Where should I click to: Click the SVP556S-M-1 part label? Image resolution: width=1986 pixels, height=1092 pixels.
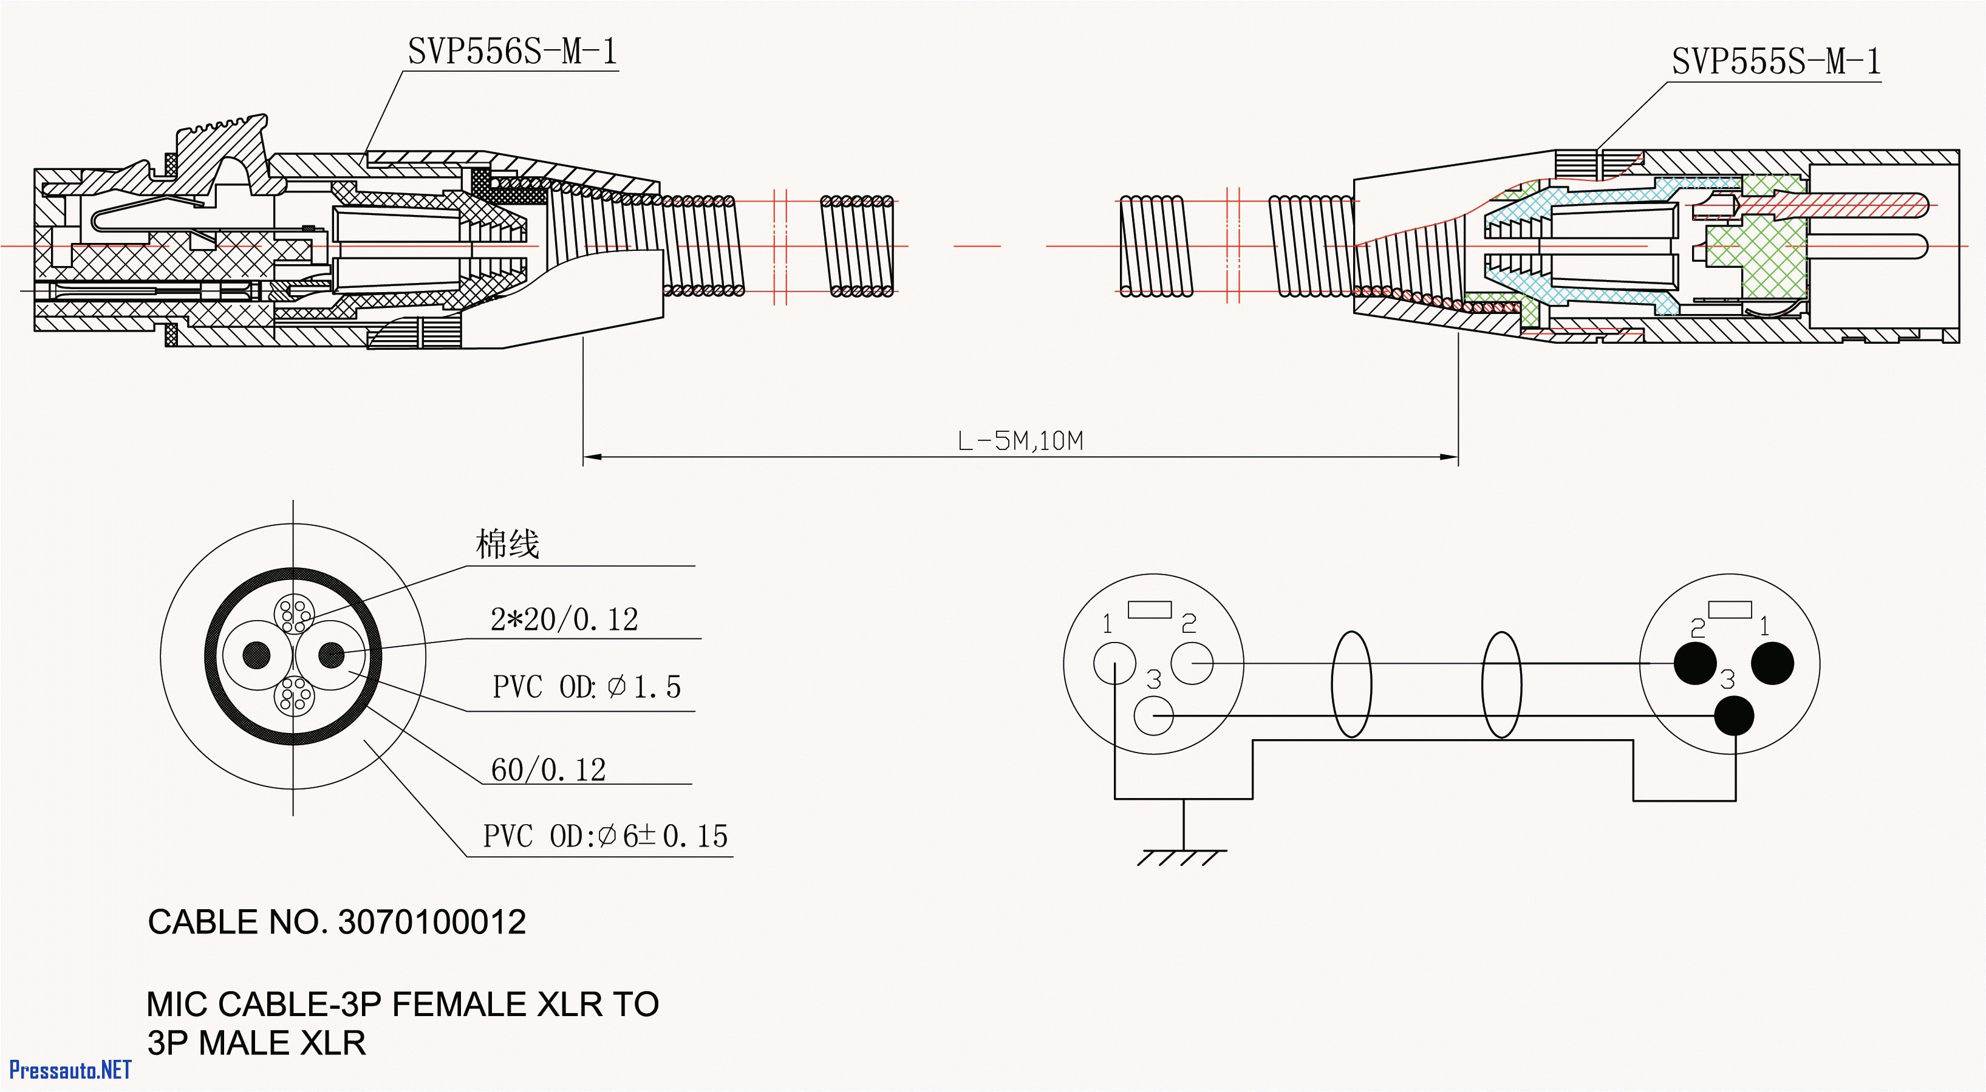(513, 52)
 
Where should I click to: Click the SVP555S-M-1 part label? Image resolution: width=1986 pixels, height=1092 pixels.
(1775, 62)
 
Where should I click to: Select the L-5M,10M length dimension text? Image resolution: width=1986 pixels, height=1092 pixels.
(1020, 441)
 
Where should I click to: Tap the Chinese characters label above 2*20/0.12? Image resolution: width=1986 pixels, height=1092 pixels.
(507, 544)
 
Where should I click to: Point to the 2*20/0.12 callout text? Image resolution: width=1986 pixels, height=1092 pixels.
(564, 619)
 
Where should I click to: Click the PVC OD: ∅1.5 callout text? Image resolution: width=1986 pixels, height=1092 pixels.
(587, 686)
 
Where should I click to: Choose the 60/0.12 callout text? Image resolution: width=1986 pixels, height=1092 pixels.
(548, 770)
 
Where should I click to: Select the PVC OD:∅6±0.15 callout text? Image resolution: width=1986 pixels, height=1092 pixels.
(605, 836)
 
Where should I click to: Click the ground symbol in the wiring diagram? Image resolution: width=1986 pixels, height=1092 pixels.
(1182, 855)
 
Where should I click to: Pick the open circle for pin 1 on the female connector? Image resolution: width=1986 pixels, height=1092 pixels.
(1114, 663)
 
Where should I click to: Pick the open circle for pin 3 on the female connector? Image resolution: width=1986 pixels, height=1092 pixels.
(1153, 715)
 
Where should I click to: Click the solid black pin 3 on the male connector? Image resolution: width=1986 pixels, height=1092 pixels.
(1734, 715)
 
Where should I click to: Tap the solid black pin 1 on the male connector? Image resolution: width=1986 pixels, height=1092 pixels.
(1772, 663)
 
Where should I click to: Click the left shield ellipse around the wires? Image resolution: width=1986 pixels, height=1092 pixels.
(1351, 684)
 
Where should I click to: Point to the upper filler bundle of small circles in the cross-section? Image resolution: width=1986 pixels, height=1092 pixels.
(294, 615)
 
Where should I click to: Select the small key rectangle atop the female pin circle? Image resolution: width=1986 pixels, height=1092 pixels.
(1150, 610)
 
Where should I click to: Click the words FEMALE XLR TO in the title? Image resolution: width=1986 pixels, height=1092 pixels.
(525, 1004)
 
